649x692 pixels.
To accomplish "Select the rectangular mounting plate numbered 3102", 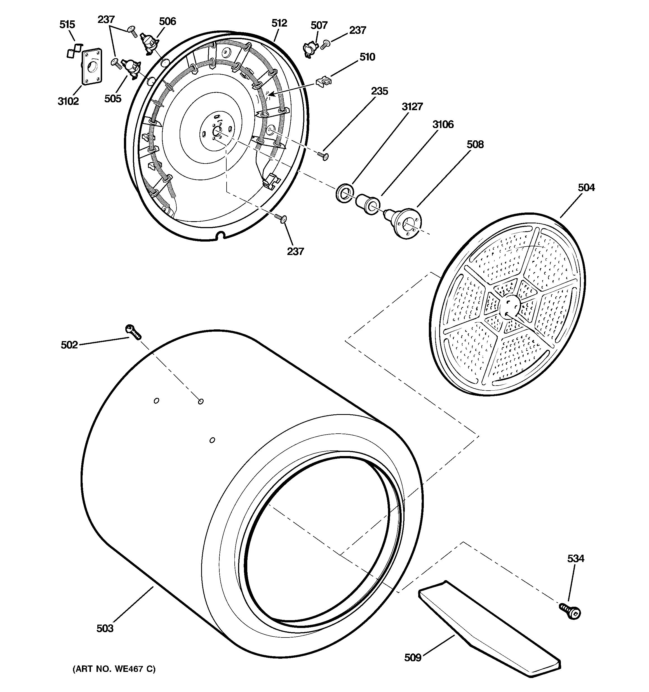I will pyautogui.click(x=92, y=66).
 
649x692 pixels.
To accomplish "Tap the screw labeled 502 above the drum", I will pyautogui.click(x=133, y=331).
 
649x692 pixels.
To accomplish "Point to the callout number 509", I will pyautogui.click(x=413, y=658).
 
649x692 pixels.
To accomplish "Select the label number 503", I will pyautogui.click(x=105, y=628).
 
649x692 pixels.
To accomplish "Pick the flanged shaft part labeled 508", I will pyautogui.click(x=404, y=223).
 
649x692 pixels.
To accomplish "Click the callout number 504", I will pyautogui.click(x=586, y=188).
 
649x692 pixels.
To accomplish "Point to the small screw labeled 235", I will pyautogui.click(x=324, y=156).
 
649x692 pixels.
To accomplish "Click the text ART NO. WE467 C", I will pyautogui.click(x=114, y=669).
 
